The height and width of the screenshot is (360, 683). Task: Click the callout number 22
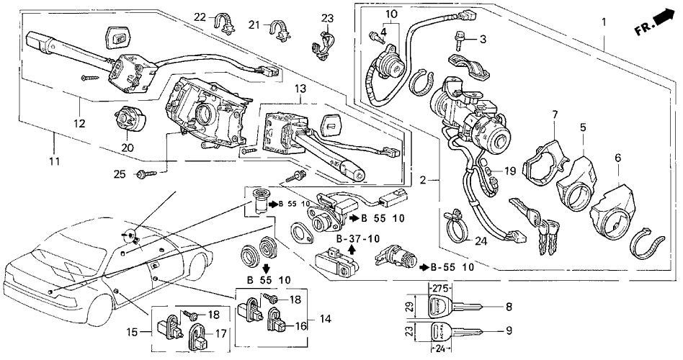tap(200, 17)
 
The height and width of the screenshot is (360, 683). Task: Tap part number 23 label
tap(328, 18)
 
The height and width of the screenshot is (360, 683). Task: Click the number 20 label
tap(129, 148)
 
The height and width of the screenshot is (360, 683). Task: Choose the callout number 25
tap(119, 174)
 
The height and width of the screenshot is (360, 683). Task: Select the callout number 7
tap(555, 114)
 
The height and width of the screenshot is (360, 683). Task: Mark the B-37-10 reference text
tap(357, 238)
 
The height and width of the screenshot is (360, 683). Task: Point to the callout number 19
tap(508, 171)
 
